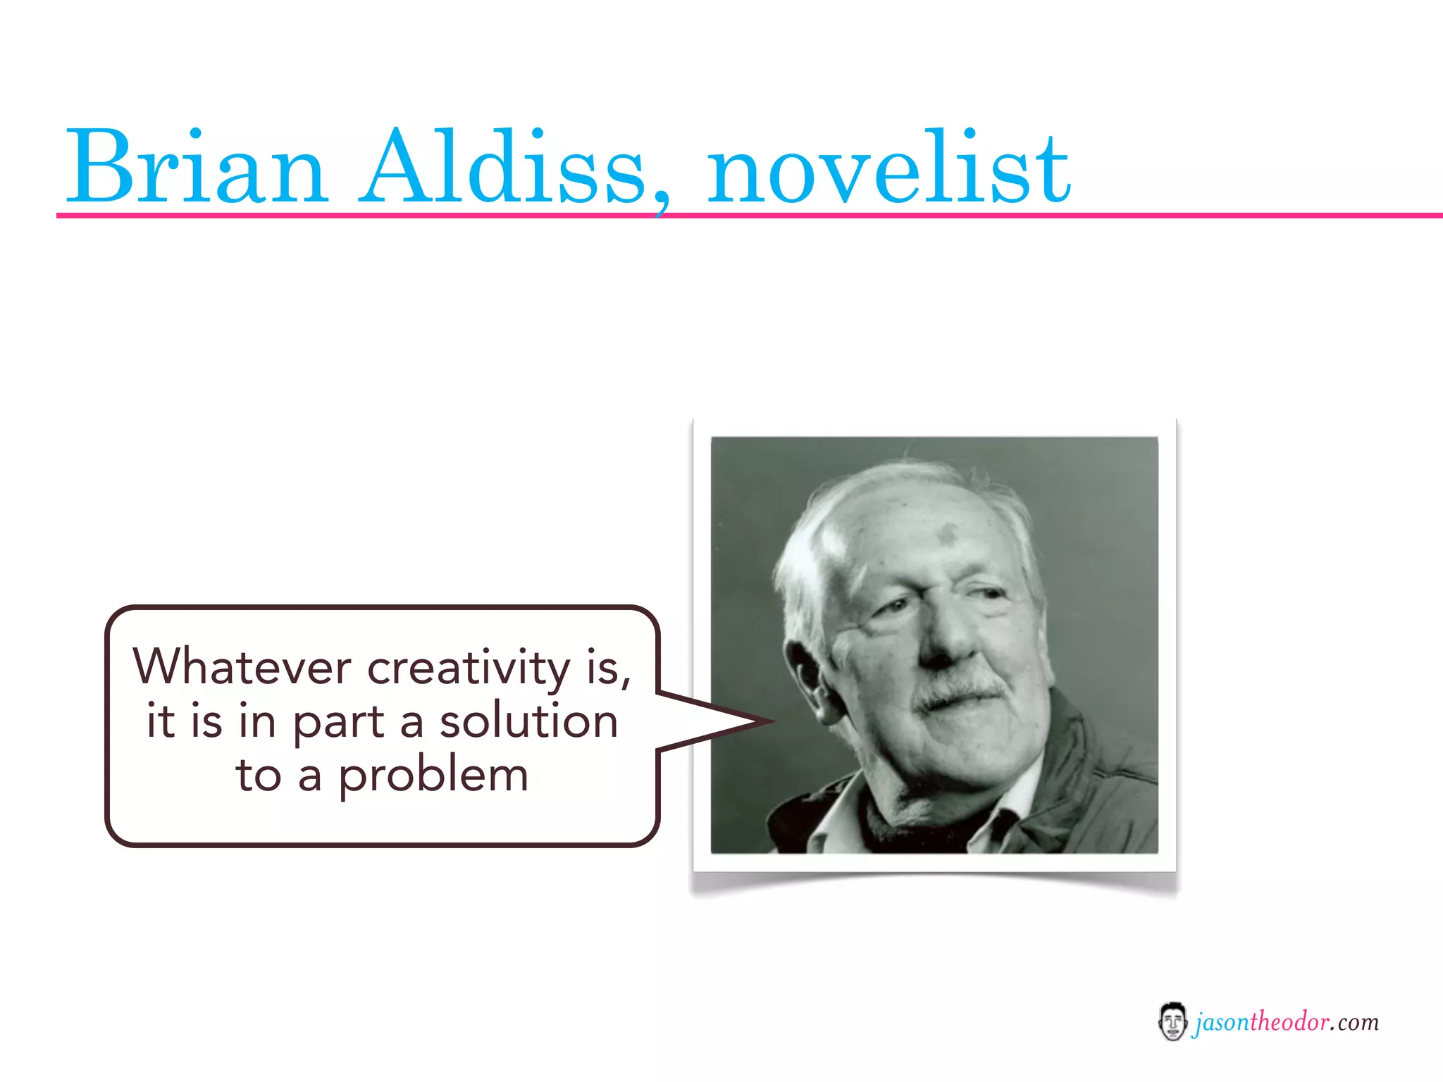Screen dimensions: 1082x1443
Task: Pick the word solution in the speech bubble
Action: [x=528, y=721]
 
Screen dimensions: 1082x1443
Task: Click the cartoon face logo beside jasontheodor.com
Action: [x=1172, y=1021]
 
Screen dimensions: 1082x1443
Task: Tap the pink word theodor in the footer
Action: [x=1289, y=1021]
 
